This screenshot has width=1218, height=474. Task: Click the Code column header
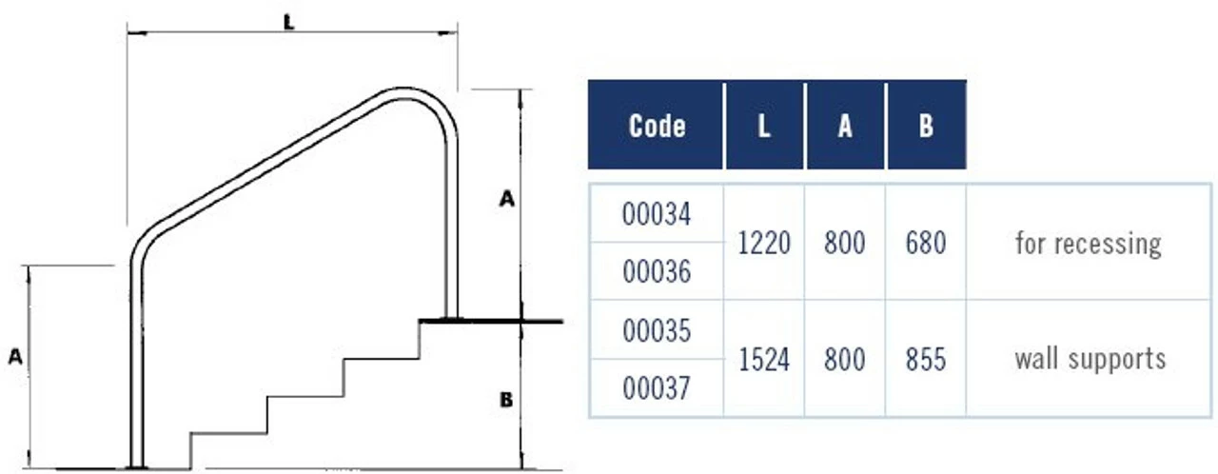[x=657, y=126]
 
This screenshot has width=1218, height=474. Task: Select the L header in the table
[x=764, y=126]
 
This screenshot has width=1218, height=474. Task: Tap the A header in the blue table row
[x=845, y=126]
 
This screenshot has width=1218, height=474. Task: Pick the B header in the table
[x=926, y=126]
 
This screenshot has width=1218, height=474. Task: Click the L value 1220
[x=764, y=244]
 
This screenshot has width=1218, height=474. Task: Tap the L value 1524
[x=764, y=360]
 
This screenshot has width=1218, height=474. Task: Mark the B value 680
[x=926, y=244]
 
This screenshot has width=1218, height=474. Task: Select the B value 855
[x=926, y=360]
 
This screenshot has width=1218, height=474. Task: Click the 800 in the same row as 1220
[x=845, y=244]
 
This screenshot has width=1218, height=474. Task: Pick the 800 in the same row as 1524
[x=845, y=360]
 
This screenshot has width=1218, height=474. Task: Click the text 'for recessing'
[x=1089, y=244]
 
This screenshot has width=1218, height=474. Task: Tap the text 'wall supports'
[x=1090, y=360]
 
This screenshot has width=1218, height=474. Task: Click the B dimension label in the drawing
[x=506, y=400]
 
